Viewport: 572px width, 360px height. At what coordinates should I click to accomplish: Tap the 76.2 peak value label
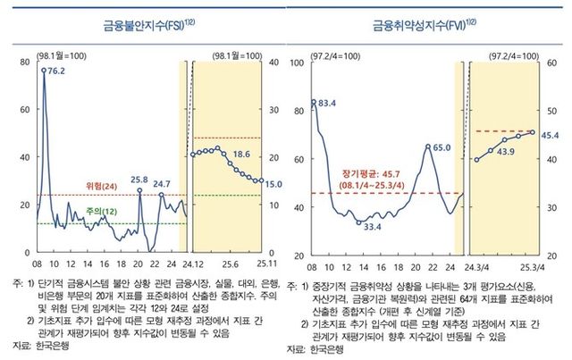click(56, 71)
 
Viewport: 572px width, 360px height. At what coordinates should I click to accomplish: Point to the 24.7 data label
click(161, 185)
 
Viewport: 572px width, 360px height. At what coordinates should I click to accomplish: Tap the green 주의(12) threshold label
click(100, 212)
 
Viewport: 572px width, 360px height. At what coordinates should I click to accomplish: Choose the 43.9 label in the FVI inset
click(505, 152)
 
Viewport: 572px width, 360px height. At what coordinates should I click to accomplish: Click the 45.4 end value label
click(549, 135)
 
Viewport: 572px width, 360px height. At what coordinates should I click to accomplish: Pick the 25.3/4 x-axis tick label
click(534, 266)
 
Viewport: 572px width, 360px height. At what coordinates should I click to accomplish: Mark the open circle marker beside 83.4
click(314, 102)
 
